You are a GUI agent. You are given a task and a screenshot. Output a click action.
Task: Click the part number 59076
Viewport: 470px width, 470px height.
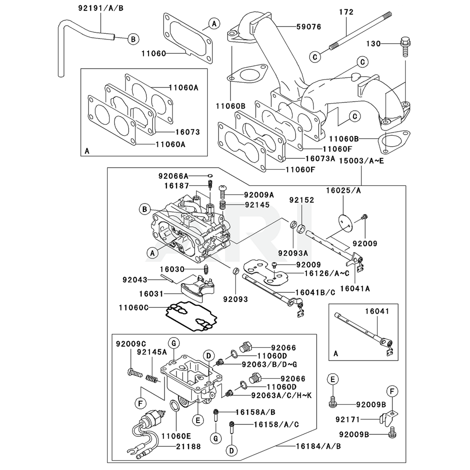308,27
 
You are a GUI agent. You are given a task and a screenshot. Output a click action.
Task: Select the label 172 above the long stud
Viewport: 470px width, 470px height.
346,12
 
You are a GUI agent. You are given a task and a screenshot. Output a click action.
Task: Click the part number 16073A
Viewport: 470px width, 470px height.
320,158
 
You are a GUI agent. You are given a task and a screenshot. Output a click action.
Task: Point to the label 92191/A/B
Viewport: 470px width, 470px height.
101,8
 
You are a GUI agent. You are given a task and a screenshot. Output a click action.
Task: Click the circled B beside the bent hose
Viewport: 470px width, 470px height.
133,39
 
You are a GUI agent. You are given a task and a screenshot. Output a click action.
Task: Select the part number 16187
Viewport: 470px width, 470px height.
177,186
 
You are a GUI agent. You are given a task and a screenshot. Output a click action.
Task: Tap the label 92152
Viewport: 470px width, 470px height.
302,200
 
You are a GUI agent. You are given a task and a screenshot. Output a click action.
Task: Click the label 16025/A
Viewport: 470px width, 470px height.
344,190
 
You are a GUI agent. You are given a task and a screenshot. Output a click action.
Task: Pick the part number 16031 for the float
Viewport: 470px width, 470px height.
151,294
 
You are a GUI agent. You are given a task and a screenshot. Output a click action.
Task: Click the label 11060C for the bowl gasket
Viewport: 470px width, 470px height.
133,307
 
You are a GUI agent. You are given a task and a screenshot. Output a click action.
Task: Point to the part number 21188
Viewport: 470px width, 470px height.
188,446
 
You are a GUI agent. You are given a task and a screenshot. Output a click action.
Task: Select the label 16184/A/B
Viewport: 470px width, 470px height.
318,446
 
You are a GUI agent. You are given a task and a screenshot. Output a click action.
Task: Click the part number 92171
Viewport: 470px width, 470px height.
348,420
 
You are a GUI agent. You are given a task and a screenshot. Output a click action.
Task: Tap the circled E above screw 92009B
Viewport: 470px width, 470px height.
332,379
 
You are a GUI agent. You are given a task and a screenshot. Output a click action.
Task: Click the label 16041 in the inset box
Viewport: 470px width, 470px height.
377,311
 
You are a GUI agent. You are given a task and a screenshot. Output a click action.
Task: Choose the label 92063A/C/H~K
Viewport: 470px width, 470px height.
282,395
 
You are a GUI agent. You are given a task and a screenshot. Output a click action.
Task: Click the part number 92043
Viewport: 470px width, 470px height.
135,280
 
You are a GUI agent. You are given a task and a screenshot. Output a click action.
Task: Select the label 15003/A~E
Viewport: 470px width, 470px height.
361,161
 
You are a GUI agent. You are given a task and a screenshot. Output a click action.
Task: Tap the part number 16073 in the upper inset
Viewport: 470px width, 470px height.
188,132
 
